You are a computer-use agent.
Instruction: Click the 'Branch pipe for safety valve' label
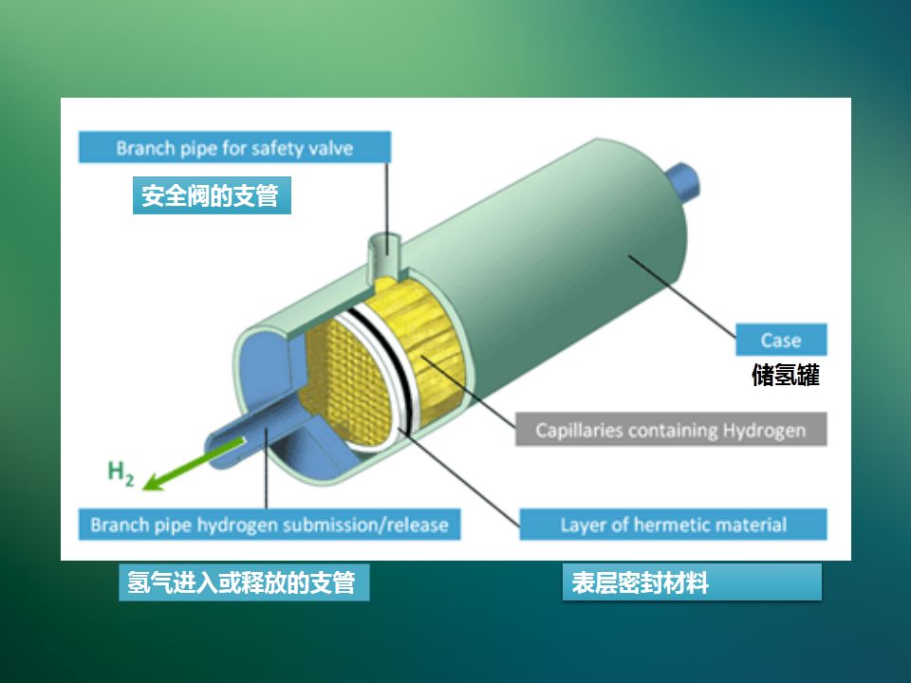tap(234, 148)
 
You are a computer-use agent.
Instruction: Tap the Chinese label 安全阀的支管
tap(211, 197)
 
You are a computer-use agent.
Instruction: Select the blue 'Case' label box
tap(781, 341)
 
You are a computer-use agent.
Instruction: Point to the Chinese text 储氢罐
tap(785, 376)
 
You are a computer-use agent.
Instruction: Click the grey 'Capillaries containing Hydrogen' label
tap(671, 430)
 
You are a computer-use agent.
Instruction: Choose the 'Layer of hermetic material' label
tap(673, 525)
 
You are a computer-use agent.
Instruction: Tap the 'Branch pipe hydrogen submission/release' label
tap(270, 525)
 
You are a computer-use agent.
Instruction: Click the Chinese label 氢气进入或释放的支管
tap(242, 582)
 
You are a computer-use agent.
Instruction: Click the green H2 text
tap(121, 471)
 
